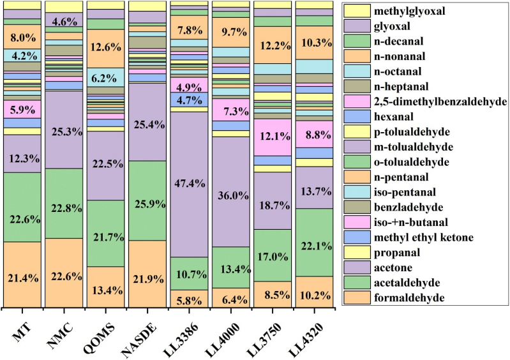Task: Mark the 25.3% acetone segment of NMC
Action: point(64,130)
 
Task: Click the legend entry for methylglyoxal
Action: point(401,10)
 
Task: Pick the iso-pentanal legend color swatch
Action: point(356,192)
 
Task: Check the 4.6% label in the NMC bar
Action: point(64,20)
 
